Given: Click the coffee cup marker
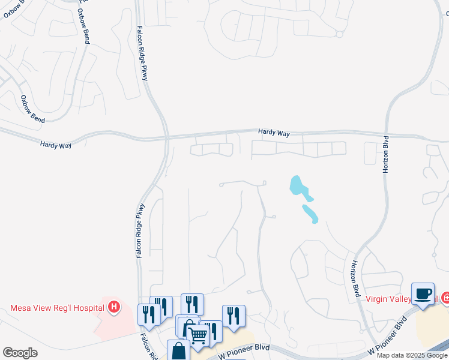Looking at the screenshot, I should tap(423, 293).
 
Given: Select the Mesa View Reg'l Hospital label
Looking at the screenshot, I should tap(57, 308).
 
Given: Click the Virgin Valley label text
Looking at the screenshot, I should tap(391, 298).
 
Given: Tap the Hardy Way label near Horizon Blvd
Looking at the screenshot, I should tap(274, 133).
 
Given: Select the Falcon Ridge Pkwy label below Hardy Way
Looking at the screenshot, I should tap(140, 231).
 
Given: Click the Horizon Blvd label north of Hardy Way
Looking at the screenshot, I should tap(386, 154).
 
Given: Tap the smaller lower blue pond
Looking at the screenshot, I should tap(310, 214).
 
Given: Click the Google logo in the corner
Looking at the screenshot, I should tap(20, 353).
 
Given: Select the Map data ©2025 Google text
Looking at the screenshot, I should tap(411, 355).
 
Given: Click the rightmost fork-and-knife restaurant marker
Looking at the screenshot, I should tap(233, 316).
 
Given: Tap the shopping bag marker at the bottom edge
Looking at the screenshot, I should tap(179, 351).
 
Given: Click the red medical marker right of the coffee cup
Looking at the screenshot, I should tap(445, 297).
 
